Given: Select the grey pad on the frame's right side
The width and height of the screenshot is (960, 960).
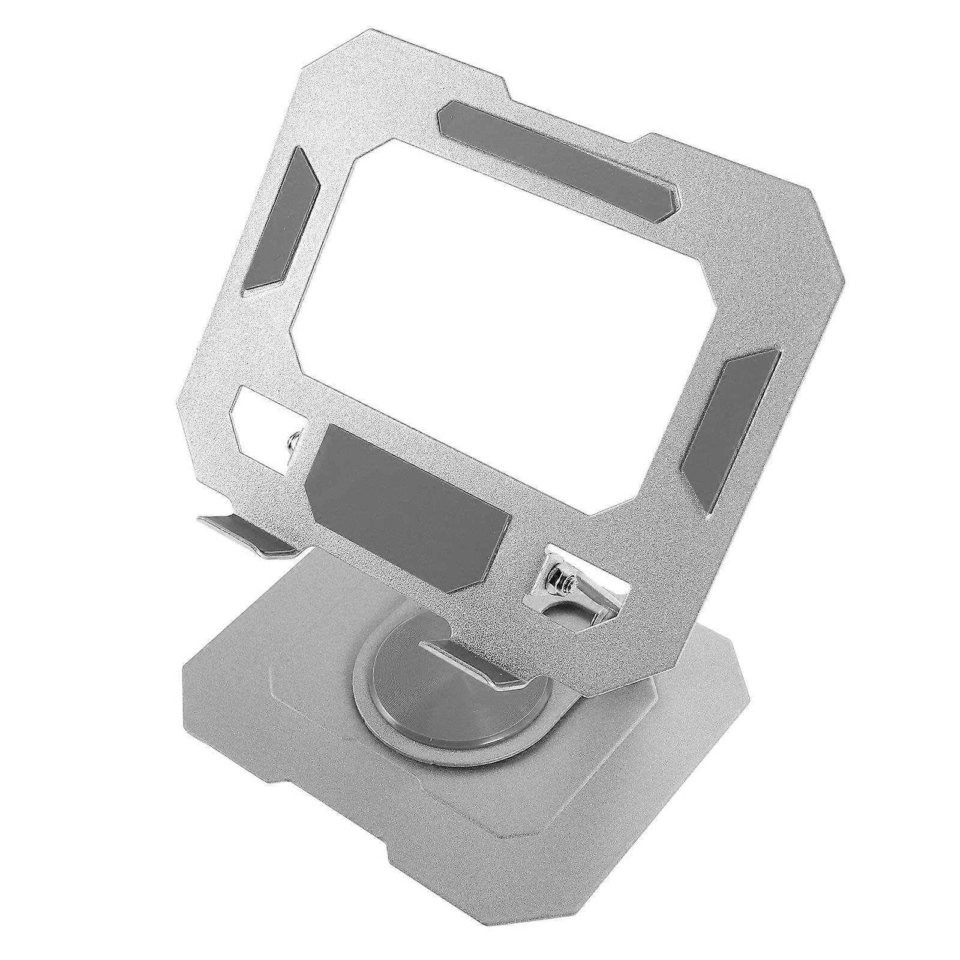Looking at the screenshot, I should click(x=732, y=432).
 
